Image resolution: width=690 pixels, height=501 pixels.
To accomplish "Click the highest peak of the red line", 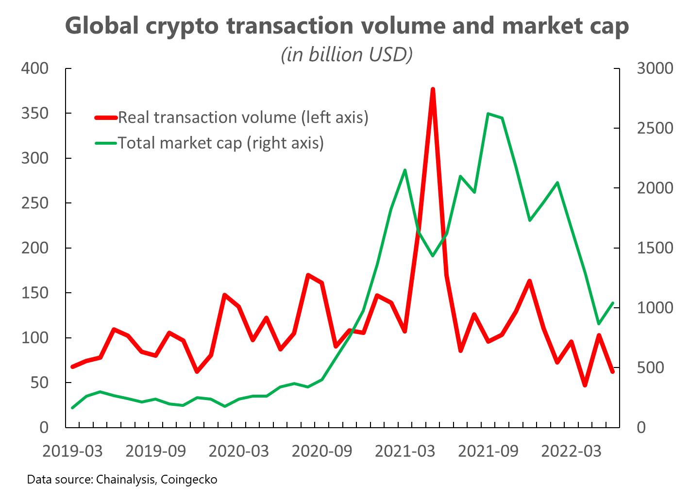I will [433, 90].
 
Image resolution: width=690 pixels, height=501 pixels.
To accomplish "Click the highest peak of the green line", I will [488, 114].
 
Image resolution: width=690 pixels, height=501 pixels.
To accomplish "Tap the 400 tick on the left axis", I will [35, 68].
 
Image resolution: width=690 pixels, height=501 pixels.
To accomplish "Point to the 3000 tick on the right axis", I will [655, 68].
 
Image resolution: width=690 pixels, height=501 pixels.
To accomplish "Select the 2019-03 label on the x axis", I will [72, 451].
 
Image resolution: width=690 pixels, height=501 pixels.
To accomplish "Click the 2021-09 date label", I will [488, 451].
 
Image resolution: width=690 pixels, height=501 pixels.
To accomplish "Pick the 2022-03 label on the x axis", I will [571, 451].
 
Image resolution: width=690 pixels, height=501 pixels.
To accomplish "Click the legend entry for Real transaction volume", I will [243, 117].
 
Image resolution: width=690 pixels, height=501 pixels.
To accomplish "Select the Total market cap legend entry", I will [220, 143].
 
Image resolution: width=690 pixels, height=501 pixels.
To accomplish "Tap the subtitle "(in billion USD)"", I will [347, 54].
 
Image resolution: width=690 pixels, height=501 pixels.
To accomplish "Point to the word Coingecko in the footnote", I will [189, 480].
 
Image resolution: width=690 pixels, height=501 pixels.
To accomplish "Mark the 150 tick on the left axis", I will [35, 293].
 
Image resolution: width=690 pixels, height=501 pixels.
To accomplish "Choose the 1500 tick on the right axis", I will [655, 248].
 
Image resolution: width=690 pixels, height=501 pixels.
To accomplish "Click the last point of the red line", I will [613, 372].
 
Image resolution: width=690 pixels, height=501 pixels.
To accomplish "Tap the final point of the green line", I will [613, 303].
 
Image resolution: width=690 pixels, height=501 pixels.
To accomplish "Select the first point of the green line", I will [72, 408].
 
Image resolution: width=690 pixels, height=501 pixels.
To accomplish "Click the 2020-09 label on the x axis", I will [321, 451].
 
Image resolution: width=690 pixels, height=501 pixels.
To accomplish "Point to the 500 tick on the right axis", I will [652, 367].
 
